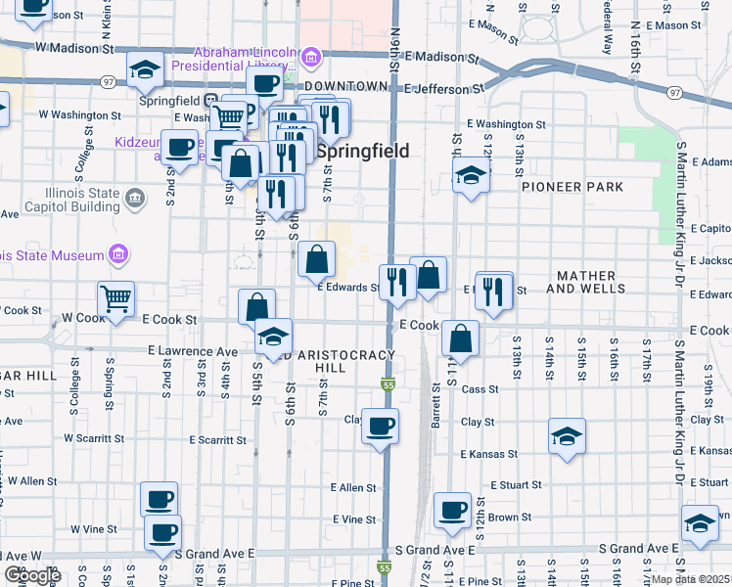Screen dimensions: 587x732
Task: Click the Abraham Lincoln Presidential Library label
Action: coord(235,60)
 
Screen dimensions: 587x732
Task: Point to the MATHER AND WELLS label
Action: coord(585,283)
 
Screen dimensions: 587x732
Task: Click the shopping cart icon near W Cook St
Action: coord(115,299)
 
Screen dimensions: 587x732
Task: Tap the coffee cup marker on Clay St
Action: coord(380,426)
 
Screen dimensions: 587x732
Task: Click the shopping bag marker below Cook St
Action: coord(460,339)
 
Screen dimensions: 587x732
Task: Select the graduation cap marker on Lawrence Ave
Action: coord(274,337)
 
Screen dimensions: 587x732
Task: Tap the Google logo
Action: coord(32,574)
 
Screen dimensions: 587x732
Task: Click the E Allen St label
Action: coord(353,487)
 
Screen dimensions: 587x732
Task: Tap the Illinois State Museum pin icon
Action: coord(119,255)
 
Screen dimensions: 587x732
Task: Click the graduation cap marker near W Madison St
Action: coord(145,69)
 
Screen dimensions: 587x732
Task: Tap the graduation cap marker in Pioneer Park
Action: coord(471,177)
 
